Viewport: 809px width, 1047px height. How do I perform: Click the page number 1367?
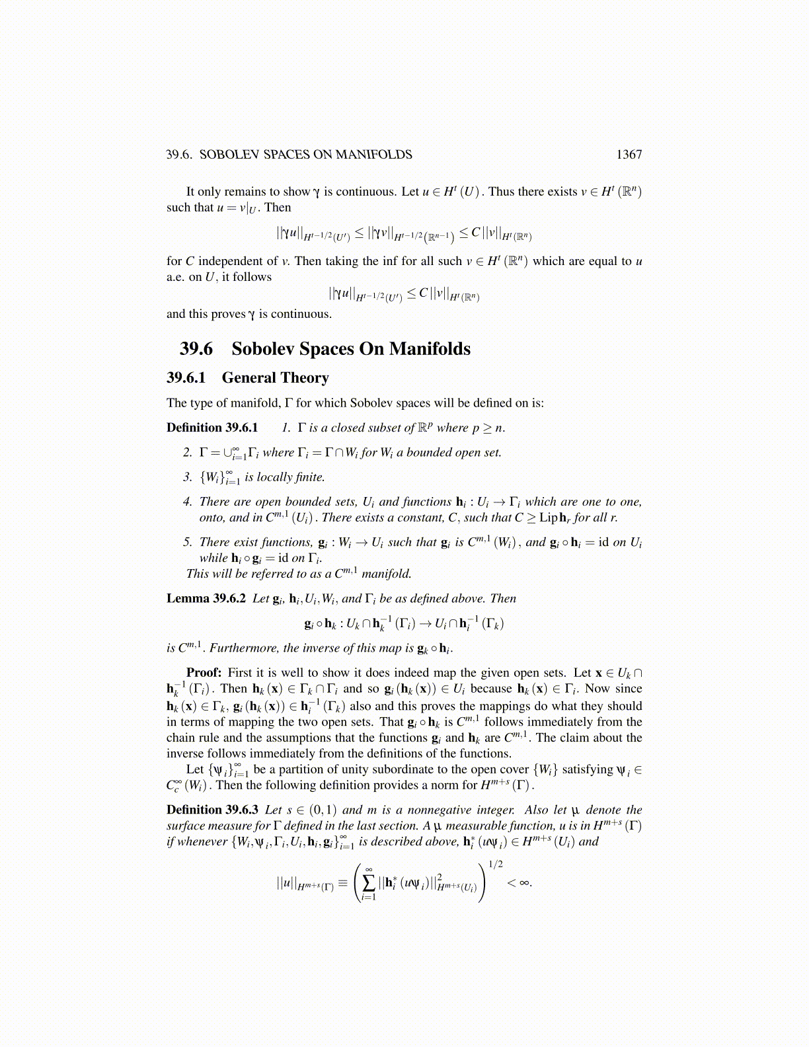click(629, 155)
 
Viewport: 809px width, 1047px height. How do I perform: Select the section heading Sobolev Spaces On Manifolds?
click(351, 349)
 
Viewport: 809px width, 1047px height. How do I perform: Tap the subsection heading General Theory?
click(275, 378)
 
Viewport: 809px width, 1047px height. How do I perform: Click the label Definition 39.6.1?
click(212, 428)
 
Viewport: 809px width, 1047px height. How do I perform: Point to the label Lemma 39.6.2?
click(206, 599)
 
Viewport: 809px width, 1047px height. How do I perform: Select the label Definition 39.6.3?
click(212, 810)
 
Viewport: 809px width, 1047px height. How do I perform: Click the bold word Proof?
click(204, 673)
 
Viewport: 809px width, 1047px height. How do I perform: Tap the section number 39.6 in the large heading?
click(196, 349)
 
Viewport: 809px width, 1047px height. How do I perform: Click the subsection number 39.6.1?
click(186, 378)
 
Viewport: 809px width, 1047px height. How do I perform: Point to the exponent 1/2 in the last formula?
click(496, 864)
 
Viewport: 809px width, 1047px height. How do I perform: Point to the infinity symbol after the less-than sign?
click(525, 882)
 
